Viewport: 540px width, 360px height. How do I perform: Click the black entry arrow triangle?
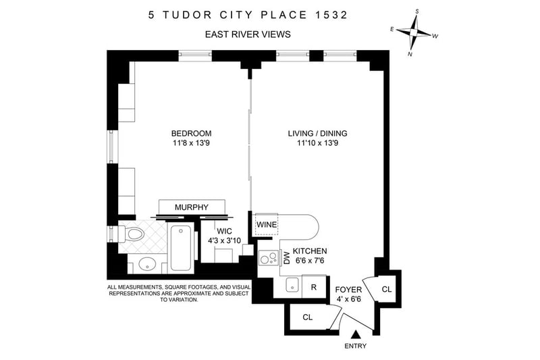(356, 334)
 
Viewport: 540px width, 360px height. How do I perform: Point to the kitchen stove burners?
(269, 258)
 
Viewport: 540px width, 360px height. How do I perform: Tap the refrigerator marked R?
(314, 286)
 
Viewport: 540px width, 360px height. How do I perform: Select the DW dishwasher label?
(286, 258)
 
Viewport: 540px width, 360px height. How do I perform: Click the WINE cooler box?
(266, 225)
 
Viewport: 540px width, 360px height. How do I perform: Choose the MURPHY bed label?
(192, 207)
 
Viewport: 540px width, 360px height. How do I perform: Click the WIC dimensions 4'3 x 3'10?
(224, 241)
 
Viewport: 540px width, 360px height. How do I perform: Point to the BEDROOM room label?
(192, 133)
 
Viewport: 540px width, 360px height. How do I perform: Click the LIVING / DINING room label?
(317, 133)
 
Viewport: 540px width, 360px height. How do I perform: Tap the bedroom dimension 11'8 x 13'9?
(192, 143)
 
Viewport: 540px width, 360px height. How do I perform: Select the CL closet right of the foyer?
(387, 289)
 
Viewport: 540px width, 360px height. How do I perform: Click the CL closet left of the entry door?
(308, 317)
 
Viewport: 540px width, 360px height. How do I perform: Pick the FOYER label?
(348, 290)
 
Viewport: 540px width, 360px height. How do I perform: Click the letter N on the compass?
(410, 54)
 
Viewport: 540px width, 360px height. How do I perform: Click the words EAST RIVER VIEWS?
(248, 34)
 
